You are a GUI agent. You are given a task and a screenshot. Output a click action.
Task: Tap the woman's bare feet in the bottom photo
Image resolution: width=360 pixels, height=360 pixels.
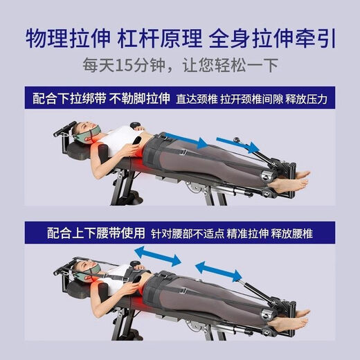tap(291, 321)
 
